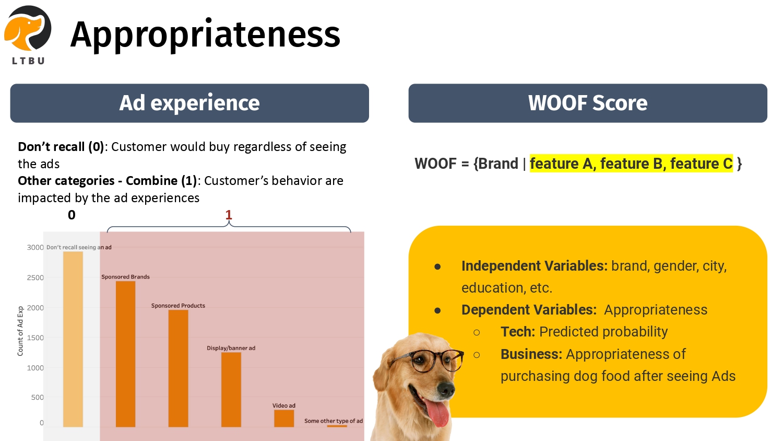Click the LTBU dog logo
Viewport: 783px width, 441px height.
click(28, 35)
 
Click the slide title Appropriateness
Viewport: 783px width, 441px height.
click(205, 34)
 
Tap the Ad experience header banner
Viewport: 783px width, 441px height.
click(189, 103)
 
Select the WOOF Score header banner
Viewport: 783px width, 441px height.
click(588, 103)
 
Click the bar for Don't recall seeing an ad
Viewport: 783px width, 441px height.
click(73, 339)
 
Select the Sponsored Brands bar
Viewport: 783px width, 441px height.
click(125, 354)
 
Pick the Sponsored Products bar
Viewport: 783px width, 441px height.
click(179, 368)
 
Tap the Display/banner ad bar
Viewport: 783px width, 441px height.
click(231, 390)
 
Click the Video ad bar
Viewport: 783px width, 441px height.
click(284, 418)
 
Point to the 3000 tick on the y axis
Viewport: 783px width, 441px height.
click(35, 248)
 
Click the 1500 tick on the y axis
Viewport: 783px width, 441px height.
click(35, 338)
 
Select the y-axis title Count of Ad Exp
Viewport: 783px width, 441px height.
click(20, 331)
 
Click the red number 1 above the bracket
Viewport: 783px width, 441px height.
click(229, 215)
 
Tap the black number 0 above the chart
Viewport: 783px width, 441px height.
click(72, 215)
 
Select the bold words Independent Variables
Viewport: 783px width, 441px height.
click(535, 266)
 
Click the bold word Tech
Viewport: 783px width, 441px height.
click(518, 332)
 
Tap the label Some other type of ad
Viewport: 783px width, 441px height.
click(334, 421)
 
